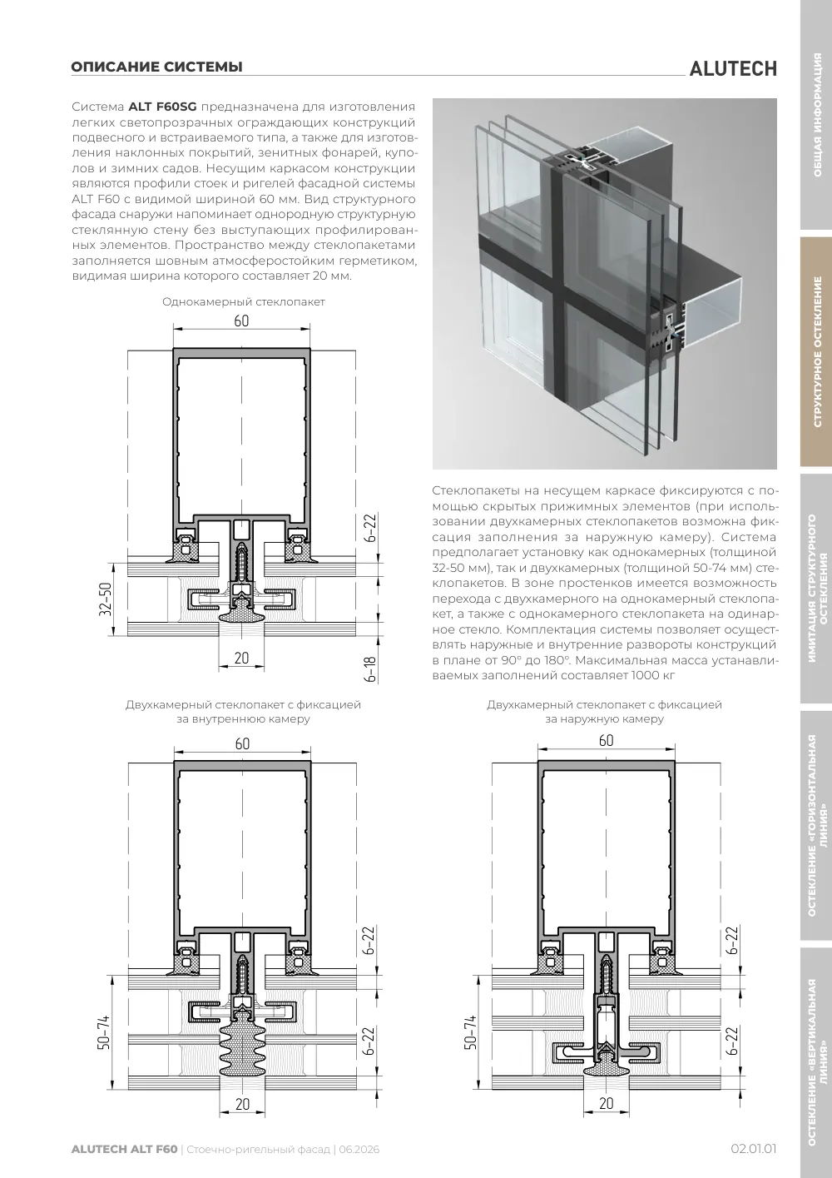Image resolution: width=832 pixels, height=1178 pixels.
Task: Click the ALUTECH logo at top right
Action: pos(733,69)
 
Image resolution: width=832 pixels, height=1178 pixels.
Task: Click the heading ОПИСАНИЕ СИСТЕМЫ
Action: pos(156,67)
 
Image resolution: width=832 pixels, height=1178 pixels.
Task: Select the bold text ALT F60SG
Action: pos(162,107)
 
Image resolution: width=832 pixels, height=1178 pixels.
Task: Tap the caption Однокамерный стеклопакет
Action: pos(243,302)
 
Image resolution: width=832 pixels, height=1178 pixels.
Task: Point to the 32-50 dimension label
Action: pos(106,599)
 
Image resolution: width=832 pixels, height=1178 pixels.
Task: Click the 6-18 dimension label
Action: pos(370,669)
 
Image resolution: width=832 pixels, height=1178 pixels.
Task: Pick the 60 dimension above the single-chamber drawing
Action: pos(241,321)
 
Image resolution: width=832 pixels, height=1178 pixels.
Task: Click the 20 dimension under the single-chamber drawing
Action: pos(241,658)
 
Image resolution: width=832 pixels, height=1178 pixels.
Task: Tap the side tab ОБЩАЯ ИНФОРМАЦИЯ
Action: pos(817,115)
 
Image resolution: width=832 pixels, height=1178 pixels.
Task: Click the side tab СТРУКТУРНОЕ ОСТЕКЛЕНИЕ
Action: pos(817,351)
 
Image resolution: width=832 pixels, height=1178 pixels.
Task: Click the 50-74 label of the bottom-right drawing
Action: pos(470,1032)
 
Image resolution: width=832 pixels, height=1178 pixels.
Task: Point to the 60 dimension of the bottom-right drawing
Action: pos(606,740)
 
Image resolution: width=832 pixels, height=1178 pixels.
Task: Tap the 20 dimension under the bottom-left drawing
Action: pos(242,1105)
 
